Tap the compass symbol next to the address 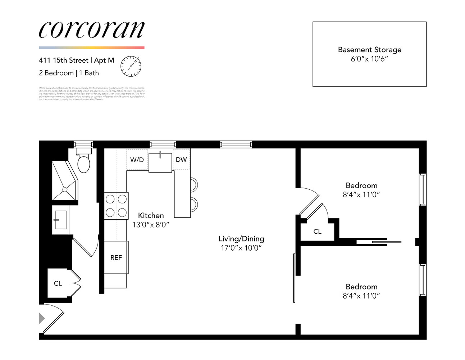[131, 66]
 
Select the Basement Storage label [369, 50]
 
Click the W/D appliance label [137, 160]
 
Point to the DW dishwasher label [181, 159]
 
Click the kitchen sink [160, 162]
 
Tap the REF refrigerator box [116, 257]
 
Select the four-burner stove [116, 206]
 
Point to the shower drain [65, 189]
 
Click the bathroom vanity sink [60, 220]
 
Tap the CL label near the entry [58, 284]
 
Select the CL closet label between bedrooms [317, 231]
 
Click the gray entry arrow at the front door [42, 318]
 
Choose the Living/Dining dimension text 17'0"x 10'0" [241, 248]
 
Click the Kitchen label [151, 215]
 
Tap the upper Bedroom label [361, 185]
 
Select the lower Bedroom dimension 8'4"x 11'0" [361, 296]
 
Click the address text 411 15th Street [64, 60]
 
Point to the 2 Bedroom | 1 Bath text [69, 73]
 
